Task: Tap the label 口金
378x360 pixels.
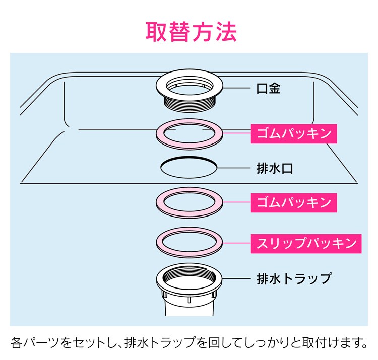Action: point(268,89)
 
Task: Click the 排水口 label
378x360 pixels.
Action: point(275,168)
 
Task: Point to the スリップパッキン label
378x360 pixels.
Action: point(306,243)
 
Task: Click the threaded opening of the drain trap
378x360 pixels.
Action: point(190,276)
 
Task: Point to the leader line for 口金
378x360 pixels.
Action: point(237,89)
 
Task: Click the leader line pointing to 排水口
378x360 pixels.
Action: point(234,168)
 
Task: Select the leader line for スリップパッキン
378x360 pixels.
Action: point(236,243)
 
